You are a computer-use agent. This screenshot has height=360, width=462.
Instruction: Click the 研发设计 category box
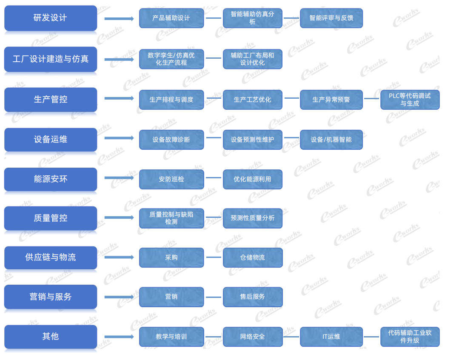(x=51, y=18)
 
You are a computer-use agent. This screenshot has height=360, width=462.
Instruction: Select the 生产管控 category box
(x=51, y=100)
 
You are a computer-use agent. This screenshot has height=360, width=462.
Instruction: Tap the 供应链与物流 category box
(x=51, y=257)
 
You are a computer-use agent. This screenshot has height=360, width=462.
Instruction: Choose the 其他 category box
(x=51, y=337)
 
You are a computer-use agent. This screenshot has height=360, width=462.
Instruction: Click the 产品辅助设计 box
(x=171, y=18)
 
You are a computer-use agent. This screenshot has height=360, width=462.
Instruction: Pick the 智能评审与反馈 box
(x=331, y=18)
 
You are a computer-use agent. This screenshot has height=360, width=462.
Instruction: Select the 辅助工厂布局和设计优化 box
(x=253, y=59)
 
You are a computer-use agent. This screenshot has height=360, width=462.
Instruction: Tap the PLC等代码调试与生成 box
(x=410, y=100)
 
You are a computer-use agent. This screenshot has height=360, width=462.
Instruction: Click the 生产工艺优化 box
(x=253, y=100)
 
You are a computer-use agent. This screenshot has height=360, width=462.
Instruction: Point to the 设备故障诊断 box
(x=171, y=140)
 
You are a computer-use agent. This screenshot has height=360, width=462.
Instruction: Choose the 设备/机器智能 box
(x=331, y=140)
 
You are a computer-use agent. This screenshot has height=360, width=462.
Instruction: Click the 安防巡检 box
(x=171, y=179)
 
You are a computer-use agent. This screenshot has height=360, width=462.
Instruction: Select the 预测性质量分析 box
(x=253, y=218)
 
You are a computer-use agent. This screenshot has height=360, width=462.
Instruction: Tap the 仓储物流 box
(x=253, y=257)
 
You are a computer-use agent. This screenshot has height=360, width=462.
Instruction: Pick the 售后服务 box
(x=253, y=297)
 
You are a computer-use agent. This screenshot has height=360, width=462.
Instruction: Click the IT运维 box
(x=331, y=337)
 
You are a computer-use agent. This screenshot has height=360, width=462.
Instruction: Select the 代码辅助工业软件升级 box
(x=410, y=337)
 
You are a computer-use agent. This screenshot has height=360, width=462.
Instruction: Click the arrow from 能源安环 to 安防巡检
(x=119, y=178)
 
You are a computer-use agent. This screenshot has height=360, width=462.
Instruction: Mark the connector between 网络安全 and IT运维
(x=291, y=337)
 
